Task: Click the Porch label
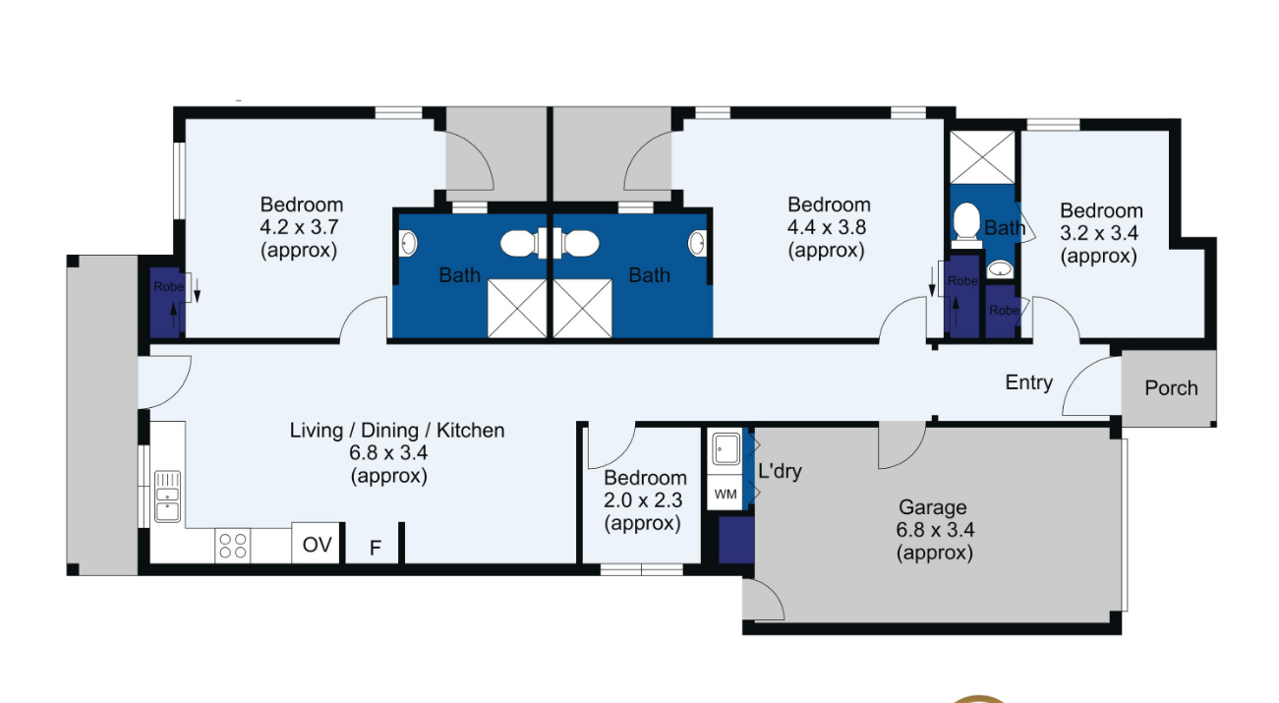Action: [1171, 388]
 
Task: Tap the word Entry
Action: [1029, 382]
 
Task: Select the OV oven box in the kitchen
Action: [317, 544]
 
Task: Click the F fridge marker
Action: [375, 549]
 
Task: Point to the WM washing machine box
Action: [726, 494]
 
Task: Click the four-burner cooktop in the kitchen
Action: [233, 546]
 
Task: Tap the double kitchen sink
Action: [167, 497]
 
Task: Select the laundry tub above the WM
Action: [726, 449]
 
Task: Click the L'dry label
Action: [780, 471]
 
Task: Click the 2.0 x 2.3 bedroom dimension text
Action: [642, 500]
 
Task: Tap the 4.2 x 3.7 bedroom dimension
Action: [299, 227]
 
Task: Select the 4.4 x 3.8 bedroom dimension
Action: [827, 227]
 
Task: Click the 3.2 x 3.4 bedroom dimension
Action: [1099, 233]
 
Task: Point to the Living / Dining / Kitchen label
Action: [397, 430]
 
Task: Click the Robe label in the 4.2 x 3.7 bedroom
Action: [168, 287]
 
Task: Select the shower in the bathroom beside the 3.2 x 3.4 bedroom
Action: [983, 157]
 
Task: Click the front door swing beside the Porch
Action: [1091, 385]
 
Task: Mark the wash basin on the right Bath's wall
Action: [697, 243]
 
